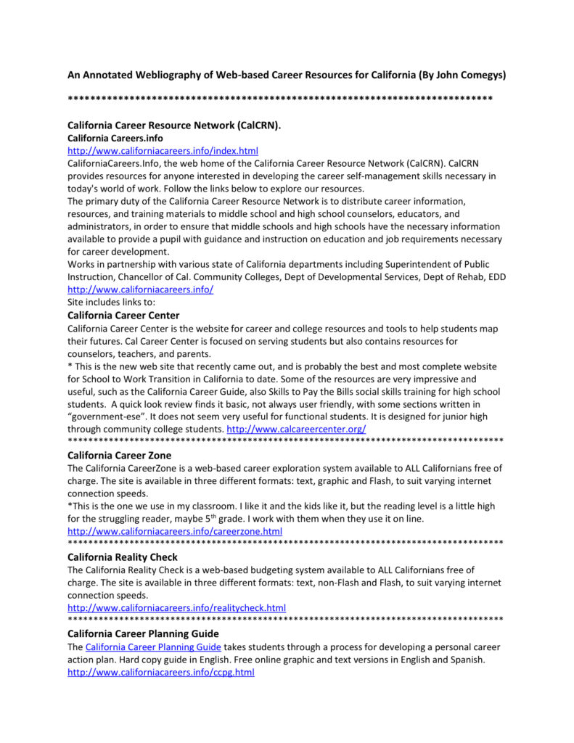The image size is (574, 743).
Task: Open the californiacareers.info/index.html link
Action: click(x=163, y=151)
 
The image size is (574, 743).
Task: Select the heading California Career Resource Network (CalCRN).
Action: click(x=173, y=126)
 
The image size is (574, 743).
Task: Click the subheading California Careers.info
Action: click(x=115, y=138)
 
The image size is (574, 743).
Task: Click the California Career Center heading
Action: click(x=123, y=316)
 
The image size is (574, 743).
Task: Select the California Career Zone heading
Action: click(x=119, y=456)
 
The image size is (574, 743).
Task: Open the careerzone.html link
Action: click(x=175, y=532)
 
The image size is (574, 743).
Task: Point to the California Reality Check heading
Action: click(x=122, y=557)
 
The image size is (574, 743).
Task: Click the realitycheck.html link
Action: click(x=176, y=608)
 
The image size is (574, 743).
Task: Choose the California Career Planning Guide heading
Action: click(x=143, y=633)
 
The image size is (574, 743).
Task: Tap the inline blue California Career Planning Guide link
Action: click(x=153, y=646)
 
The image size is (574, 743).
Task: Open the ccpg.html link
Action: click(x=160, y=673)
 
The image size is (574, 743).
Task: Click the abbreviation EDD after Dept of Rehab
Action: click(x=496, y=277)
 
